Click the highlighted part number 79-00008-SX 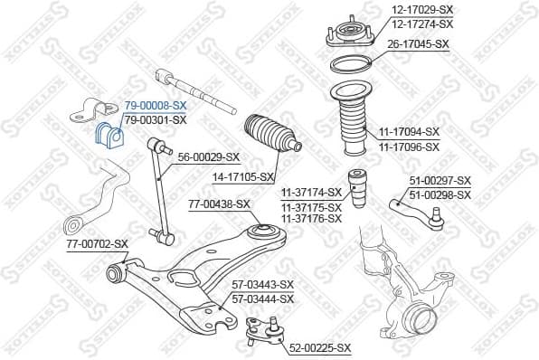(x=156, y=105)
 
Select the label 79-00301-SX (x=156, y=119)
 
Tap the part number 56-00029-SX (x=209, y=156)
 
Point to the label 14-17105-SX (x=241, y=177)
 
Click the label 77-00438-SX (x=219, y=204)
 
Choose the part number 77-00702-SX (x=98, y=244)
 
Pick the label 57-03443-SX (x=263, y=286)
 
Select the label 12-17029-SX (x=422, y=10)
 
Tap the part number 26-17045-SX (x=418, y=43)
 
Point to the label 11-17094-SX (x=409, y=132)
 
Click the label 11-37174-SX (x=310, y=192)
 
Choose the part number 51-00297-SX (x=440, y=181)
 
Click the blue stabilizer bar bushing (x=108, y=134)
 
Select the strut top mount (x=347, y=34)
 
